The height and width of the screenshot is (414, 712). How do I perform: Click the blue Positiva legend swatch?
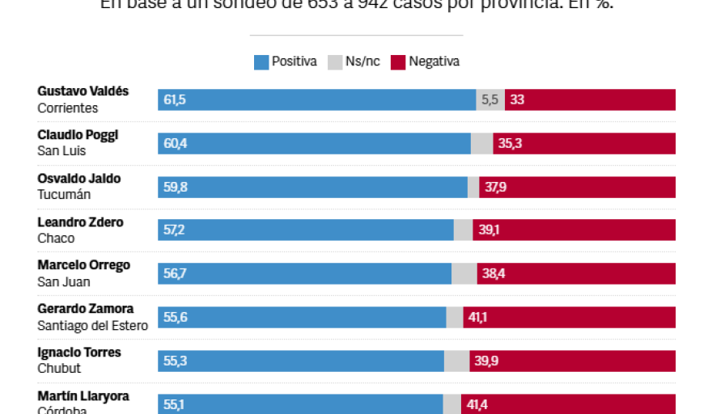(x=261, y=61)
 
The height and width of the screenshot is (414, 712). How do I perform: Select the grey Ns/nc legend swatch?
(x=334, y=61)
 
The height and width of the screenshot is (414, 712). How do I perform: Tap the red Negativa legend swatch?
(x=398, y=61)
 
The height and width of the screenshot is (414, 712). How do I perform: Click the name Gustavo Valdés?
(x=83, y=91)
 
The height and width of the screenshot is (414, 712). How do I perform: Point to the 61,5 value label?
(x=175, y=100)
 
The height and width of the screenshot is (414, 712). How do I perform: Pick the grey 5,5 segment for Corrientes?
(x=490, y=100)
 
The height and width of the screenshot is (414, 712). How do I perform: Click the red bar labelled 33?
(x=590, y=100)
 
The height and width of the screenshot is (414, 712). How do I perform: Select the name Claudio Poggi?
(x=78, y=135)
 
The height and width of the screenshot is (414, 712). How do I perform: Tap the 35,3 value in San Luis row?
(x=510, y=144)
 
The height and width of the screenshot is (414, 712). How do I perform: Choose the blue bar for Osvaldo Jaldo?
(x=312, y=188)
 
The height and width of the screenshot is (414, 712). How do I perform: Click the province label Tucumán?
(x=64, y=195)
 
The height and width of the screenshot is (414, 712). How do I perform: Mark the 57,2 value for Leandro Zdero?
(x=175, y=230)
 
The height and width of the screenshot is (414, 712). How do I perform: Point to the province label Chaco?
(x=56, y=239)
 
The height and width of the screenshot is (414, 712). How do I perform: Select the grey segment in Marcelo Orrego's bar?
(x=464, y=274)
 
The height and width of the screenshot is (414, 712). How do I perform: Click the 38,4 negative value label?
(x=494, y=274)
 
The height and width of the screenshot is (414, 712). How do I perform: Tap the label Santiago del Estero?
(x=92, y=326)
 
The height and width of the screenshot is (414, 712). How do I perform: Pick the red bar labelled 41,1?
(x=569, y=318)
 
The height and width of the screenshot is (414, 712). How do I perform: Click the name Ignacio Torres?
(x=79, y=353)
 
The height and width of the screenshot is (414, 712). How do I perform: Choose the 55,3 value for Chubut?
(x=175, y=361)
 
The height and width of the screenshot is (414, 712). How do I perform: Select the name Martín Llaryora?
(x=83, y=396)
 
